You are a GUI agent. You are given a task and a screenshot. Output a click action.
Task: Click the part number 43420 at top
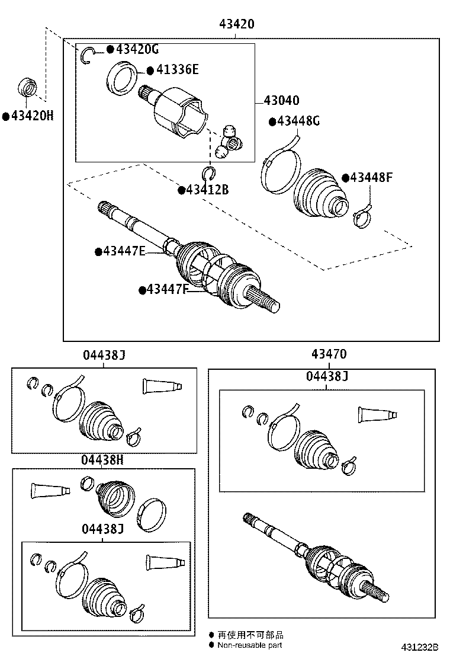coord(237,25)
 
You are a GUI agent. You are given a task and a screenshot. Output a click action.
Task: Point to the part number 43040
coord(281,101)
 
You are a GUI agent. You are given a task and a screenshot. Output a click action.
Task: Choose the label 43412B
coord(207,190)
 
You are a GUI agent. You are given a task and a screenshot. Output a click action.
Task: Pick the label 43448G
coord(298,121)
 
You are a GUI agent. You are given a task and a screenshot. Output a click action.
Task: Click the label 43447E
coord(124,251)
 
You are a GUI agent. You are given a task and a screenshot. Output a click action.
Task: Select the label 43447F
coord(168,290)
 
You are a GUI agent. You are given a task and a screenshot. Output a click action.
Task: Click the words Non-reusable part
coord(250,645)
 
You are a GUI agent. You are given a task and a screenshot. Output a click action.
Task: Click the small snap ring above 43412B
coord(208,172)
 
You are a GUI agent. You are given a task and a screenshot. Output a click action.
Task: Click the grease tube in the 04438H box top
coord(49,491)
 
